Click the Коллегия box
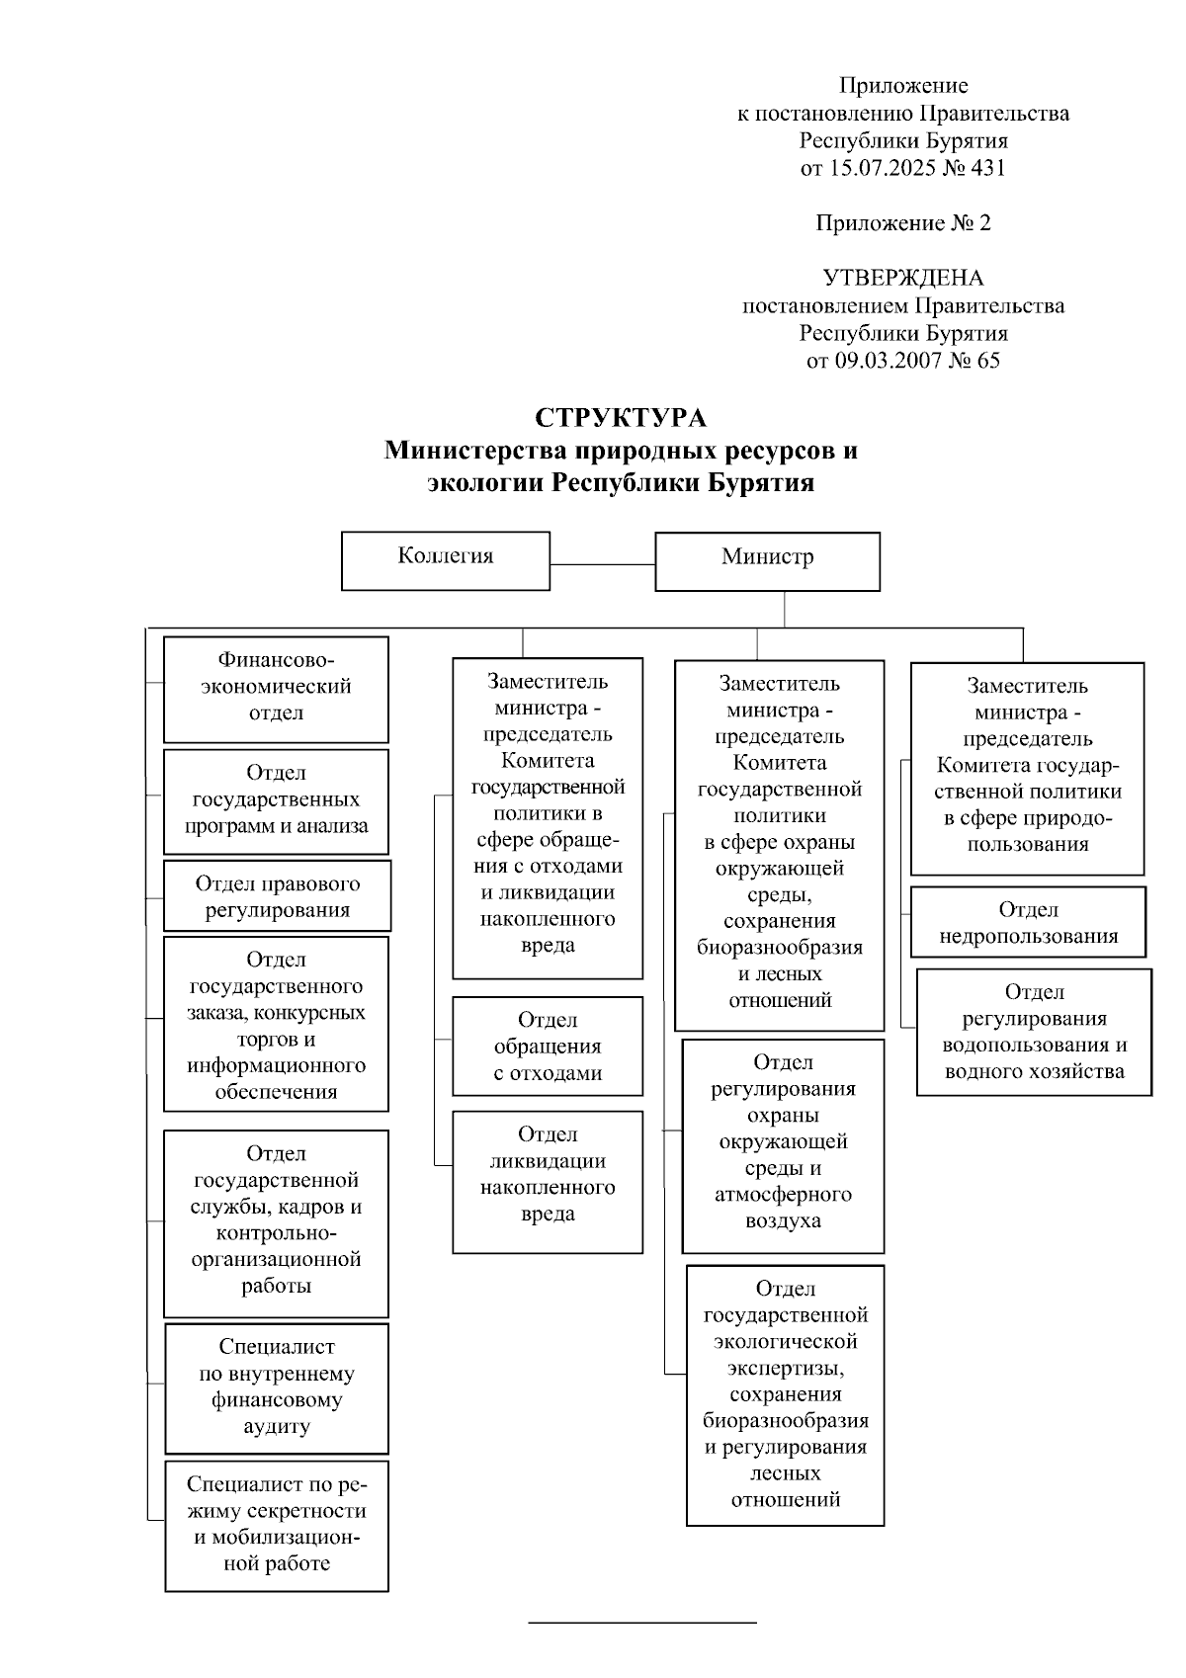[446, 560]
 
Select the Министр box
[767, 561]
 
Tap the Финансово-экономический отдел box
[276, 689]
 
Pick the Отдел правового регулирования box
[277, 896]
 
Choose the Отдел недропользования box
[1028, 922]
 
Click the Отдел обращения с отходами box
[548, 1046]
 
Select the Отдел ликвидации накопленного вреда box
[548, 1181]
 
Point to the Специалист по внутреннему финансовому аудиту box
[277, 1387]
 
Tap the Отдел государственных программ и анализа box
[276, 801]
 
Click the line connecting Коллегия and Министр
[602, 564]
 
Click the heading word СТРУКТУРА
[621, 418]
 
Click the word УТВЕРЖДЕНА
[903, 278]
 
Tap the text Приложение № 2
[903, 223]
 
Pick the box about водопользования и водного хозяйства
[1034, 1032]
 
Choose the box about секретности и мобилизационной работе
[277, 1525]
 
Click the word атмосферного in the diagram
[783, 1194]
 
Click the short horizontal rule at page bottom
[642, 1623]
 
